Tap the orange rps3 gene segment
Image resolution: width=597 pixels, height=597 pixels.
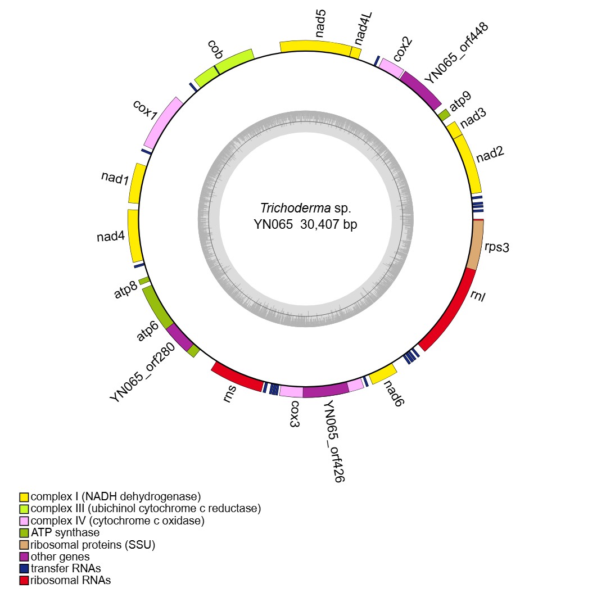point(476,245)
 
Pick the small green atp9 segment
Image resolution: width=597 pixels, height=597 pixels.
point(444,115)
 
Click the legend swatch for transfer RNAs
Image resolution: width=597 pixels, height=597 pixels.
point(24,568)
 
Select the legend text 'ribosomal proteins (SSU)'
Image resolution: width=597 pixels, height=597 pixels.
point(93,544)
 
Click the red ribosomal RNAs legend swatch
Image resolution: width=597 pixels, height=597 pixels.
point(24,581)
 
